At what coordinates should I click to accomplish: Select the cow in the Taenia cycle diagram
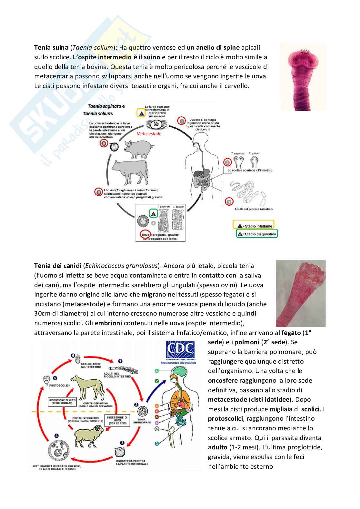pyautogui.click(x=129, y=169)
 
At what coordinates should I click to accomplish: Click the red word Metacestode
pyautogui.click(x=149, y=133)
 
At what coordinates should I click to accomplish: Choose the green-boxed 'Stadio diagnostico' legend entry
pyautogui.click(x=257, y=234)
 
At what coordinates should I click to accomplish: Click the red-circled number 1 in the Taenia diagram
pyautogui.click(x=182, y=121)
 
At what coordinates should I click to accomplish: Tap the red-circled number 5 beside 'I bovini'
pyautogui.click(x=99, y=192)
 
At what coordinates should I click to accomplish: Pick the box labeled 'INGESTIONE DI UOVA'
pyautogui.click(x=117, y=420)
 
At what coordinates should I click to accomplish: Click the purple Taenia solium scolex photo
pyautogui.click(x=302, y=77)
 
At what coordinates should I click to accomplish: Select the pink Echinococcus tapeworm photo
pyautogui.click(x=300, y=293)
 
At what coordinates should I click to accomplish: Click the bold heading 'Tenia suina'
pyautogui.click(x=51, y=47)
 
